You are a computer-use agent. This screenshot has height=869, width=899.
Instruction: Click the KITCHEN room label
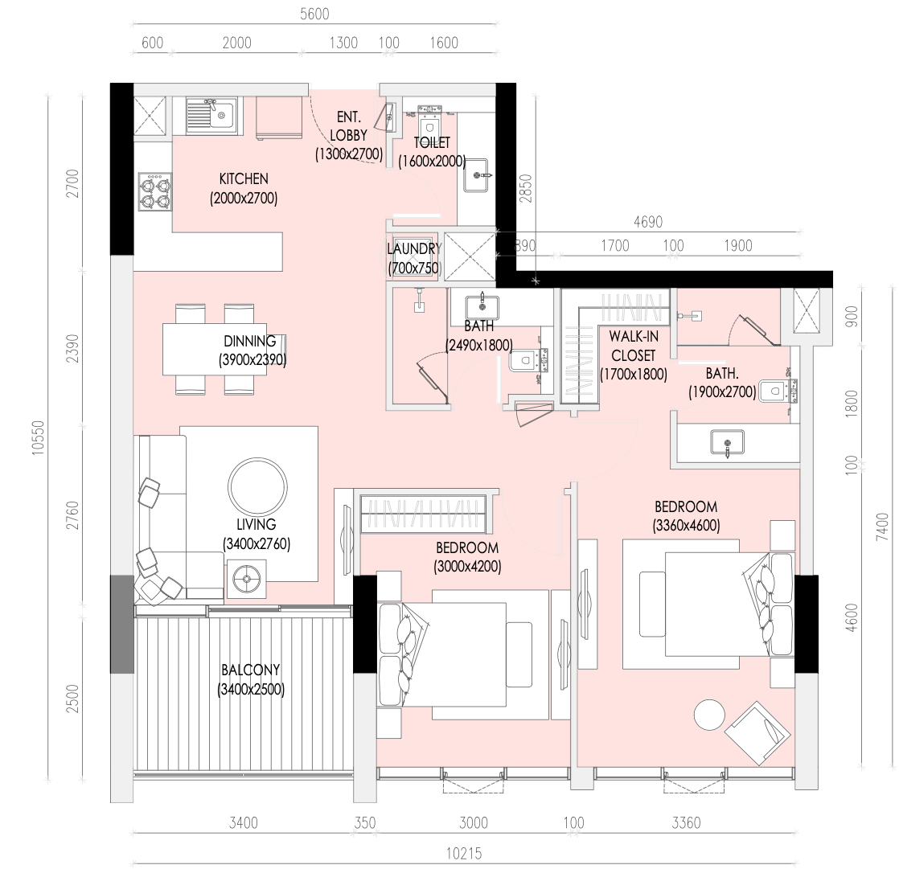pyautogui.click(x=244, y=178)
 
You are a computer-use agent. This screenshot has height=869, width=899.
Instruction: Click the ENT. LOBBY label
pyautogui.click(x=349, y=126)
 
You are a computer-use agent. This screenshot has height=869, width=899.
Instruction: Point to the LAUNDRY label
pyautogui.click(x=414, y=248)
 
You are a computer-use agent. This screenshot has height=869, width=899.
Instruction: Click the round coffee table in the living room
pyautogui.click(x=257, y=486)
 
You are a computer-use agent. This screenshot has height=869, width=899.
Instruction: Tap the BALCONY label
pyautogui.click(x=251, y=670)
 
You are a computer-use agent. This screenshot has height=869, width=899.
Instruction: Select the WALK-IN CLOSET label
pyautogui.click(x=634, y=346)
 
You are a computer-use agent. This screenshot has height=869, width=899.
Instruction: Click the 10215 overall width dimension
pyautogui.click(x=464, y=854)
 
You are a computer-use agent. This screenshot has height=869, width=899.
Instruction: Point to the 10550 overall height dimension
pyautogui.click(x=38, y=438)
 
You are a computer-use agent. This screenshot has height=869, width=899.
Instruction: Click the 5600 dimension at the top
pyautogui.click(x=314, y=14)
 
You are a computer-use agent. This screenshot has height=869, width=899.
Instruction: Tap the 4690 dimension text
pyautogui.click(x=648, y=222)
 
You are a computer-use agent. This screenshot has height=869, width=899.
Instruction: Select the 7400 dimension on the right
pyautogui.click(x=882, y=527)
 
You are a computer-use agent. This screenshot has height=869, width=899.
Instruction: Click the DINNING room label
pyautogui.click(x=250, y=341)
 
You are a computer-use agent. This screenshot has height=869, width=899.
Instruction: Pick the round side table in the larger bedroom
pyautogui.click(x=709, y=715)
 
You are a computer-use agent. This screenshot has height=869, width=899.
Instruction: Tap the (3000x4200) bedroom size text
pyautogui.click(x=468, y=567)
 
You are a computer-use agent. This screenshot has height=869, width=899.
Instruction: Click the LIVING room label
pyautogui.click(x=257, y=524)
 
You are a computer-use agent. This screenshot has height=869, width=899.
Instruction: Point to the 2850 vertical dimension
pyautogui.click(x=526, y=189)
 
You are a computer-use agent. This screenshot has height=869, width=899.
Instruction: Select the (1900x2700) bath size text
pyautogui.click(x=722, y=392)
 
